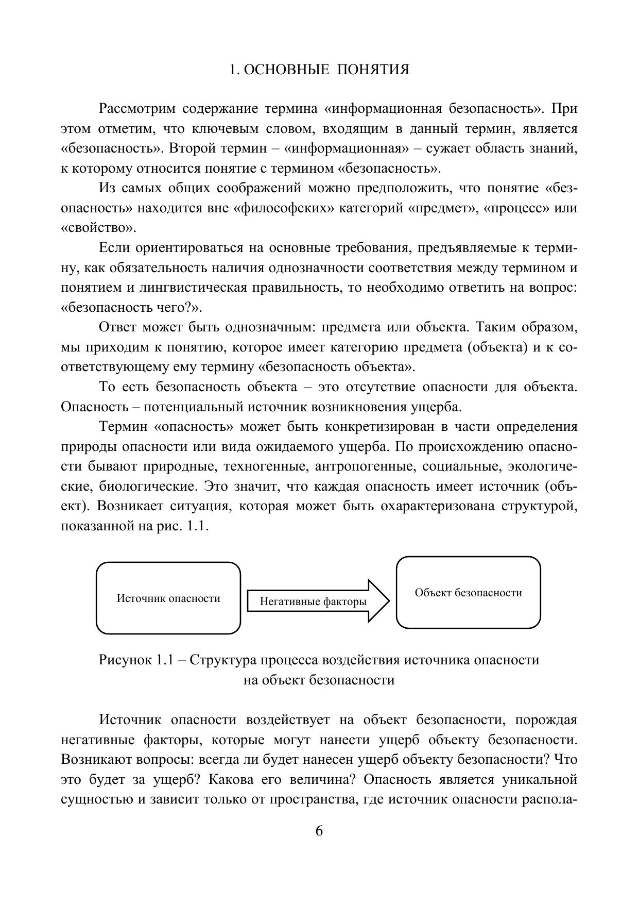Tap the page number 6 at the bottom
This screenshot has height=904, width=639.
click(319, 831)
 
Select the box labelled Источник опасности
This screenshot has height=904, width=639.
click(168, 598)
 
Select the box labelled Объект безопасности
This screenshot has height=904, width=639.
click(468, 593)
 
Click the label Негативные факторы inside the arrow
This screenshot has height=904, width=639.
click(313, 601)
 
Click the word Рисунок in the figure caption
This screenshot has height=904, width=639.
click(124, 660)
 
